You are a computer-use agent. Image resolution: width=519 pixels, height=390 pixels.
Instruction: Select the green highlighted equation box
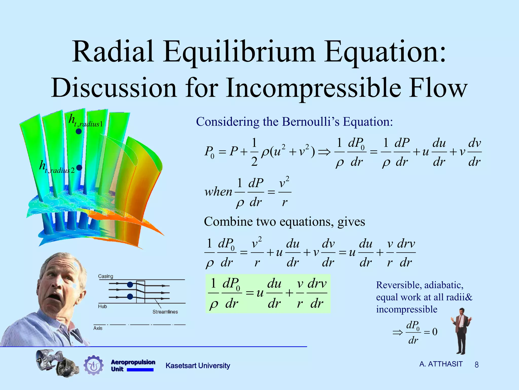click(268, 294)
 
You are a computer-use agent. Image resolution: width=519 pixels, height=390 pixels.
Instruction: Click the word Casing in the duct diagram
click(105, 276)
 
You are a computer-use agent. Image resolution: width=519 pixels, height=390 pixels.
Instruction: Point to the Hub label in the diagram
click(102, 306)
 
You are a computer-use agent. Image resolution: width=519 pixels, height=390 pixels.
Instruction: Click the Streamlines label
click(165, 312)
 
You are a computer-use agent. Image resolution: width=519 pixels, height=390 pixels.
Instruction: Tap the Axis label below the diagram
click(98, 328)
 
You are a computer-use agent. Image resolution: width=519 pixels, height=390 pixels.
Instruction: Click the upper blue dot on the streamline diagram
click(130, 285)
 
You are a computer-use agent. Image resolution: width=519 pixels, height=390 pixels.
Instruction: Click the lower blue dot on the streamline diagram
click(130, 296)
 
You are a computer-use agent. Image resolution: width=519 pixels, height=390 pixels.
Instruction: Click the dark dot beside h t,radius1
click(79, 131)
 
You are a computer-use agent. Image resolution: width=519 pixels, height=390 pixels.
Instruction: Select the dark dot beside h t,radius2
click(79, 168)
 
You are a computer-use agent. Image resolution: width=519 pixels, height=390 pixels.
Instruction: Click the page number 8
click(476, 365)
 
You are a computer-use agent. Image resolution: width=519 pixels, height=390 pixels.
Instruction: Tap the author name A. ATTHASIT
click(441, 364)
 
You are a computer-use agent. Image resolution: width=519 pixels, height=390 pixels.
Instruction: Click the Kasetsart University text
click(198, 366)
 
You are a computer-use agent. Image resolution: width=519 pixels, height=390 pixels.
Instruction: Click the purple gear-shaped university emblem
click(94, 365)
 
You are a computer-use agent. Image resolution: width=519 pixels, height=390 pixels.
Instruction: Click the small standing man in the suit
click(461, 330)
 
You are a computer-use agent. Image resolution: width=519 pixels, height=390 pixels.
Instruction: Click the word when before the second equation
click(218, 192)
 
